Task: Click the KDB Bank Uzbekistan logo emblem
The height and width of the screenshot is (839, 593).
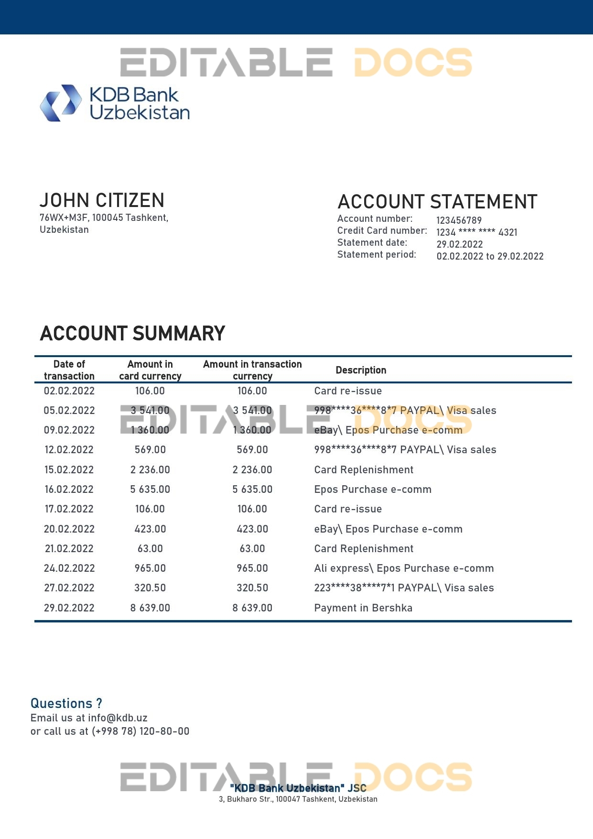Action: point(60,103)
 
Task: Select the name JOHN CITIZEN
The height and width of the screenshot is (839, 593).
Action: point(102,200)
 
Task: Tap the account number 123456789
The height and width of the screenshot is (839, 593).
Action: point(459,220)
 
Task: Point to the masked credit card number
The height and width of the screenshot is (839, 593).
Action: point(476,232)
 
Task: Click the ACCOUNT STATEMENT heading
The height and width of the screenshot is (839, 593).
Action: point(437,202)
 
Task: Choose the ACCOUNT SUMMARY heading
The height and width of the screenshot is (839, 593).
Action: point(132,334)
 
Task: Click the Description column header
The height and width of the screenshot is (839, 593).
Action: point(361,370)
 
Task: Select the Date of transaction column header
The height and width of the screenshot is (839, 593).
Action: point(69,370)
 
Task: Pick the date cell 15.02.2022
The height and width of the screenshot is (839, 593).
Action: point(69,470)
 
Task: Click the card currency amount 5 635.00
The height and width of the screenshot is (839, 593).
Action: point(150,490)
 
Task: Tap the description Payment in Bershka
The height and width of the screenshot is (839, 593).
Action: point(363,608)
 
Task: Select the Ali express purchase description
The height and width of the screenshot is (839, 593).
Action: point(404,568)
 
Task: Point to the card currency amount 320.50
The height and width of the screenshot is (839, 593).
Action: point(150,588)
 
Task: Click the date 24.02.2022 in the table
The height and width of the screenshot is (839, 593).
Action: point(69,568)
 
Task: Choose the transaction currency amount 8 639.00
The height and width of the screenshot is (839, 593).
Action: point(252,608)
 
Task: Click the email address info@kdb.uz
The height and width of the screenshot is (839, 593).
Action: point(118,718)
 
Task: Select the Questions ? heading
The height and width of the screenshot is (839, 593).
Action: point(66,704)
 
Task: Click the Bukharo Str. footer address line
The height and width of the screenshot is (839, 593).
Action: point(298,799)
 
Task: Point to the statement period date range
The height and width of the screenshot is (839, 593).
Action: point(490,256)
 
